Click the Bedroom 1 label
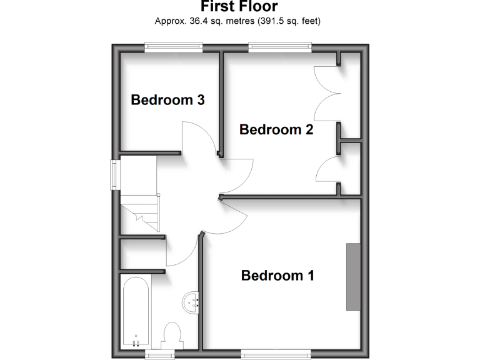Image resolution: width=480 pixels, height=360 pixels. click(x=277, y=275)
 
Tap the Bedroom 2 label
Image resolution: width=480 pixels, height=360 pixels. click(x=276, y=129)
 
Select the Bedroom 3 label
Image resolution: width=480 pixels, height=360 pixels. click(x=167, y=99)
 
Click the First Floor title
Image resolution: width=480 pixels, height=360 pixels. click(x=239, y=7)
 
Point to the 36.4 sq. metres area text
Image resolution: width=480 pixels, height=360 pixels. click(x=237, y=21)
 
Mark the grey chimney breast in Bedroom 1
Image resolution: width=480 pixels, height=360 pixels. click(x=354, y=276)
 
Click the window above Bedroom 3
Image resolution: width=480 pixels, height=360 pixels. click(x=173, y=45)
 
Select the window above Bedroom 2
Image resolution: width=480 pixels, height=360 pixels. click(x=279, y=45)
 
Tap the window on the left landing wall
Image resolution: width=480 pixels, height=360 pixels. click(x=116, y=174)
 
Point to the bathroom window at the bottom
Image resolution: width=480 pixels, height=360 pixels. click(x=160, y=354)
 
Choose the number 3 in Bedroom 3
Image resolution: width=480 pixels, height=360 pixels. click(x=200, y=99)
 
